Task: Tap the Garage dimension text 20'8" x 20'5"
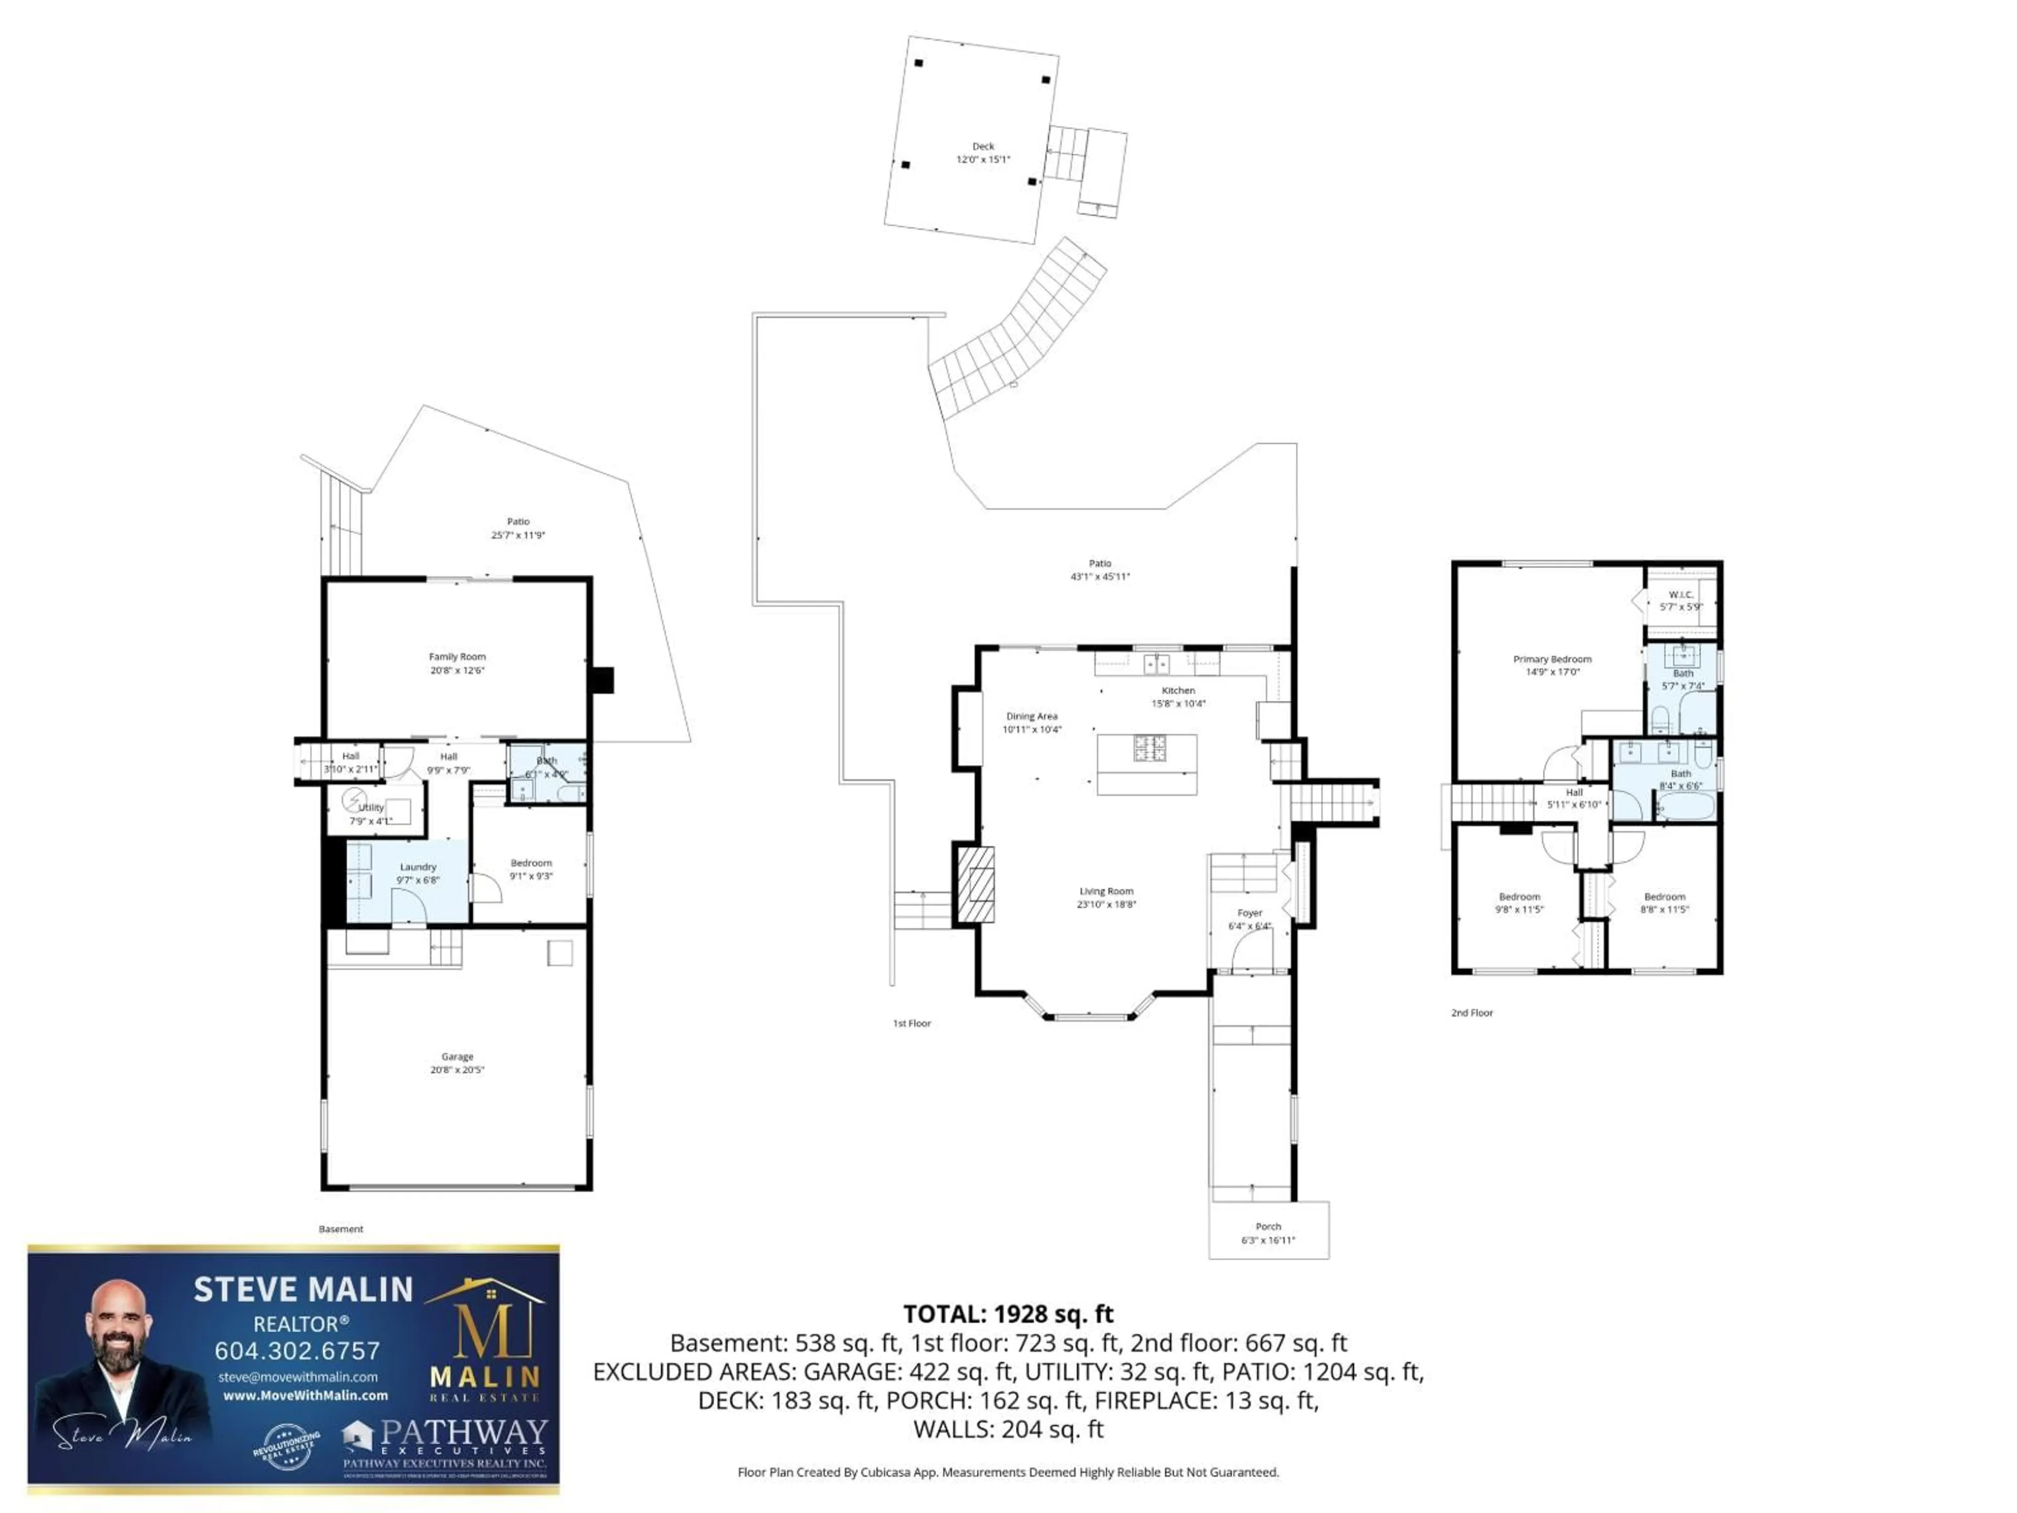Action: point(457,1069)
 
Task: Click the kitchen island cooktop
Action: point(1150,748)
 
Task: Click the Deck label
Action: point(982,146)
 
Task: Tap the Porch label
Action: point(1267,1227)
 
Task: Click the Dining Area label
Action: point(1031,716)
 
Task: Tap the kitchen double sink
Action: point(1156,663)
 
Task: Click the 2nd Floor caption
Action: point(1472,1012)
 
